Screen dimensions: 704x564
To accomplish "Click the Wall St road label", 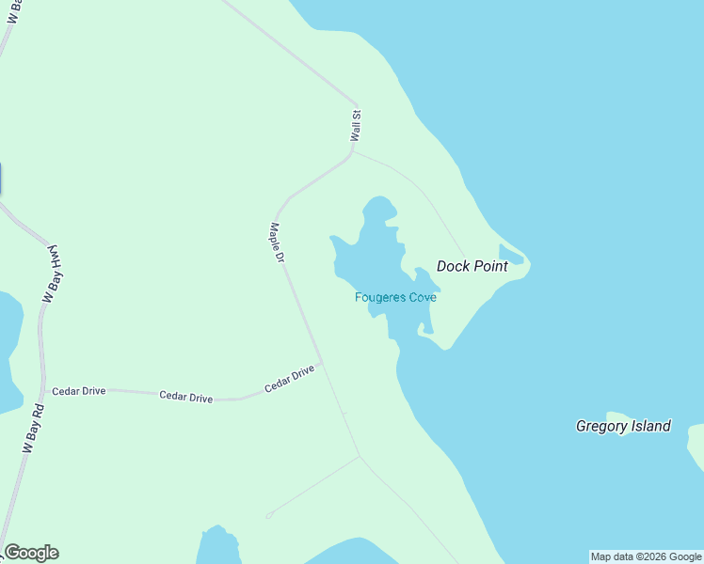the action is tap(356, 127).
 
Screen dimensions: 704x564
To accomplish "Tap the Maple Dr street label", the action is tap(277, 242).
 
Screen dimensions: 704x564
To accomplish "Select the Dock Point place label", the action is tap(472, 266).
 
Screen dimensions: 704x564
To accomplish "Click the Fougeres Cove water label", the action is tap(395, 298).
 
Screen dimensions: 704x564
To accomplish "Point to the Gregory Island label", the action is tap(623, 426).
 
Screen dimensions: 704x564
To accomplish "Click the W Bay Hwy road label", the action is tap(53, 274).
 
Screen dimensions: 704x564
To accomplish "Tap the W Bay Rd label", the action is tap(34, 429).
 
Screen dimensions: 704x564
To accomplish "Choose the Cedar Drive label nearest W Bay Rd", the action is tap(79, 391).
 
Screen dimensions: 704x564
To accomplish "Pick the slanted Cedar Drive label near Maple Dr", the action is tap(289, 380).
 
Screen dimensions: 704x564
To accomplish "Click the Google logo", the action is tap(31, 553).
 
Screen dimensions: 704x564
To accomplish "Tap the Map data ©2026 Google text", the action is tap(647, 556).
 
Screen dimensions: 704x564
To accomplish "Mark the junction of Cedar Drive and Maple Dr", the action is tap(322, 363).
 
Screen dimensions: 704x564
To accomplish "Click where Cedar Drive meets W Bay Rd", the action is tap(43, 387).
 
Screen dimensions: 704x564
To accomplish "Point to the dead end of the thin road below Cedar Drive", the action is tap(269, 515).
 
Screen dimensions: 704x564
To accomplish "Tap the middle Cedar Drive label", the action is tap(186, 398).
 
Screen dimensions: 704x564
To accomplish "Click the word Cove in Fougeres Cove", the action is tap(423, 298).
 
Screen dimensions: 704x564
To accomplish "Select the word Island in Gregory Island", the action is tap(650, 426).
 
